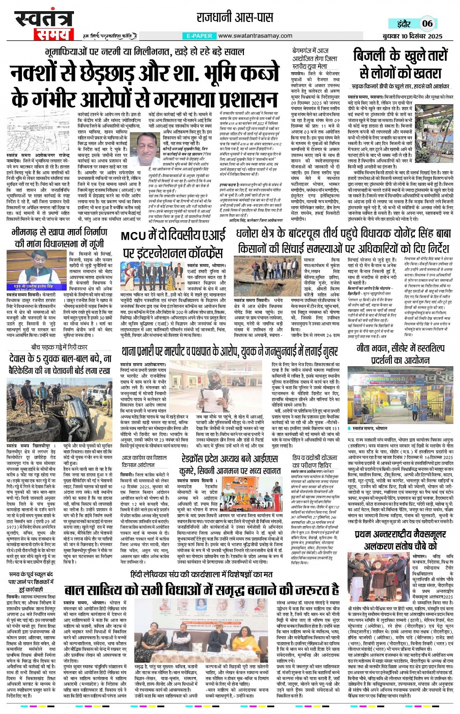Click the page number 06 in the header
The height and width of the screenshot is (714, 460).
coord(427,23)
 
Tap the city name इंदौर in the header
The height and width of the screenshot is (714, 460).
coord(404,24)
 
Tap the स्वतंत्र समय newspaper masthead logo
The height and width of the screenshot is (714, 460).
coord(44,25)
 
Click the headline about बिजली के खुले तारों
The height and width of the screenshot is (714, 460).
coord(400,64)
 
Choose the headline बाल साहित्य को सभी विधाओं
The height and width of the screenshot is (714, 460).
coord(202,589)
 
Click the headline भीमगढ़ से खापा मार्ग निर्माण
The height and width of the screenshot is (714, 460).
coord(60,238)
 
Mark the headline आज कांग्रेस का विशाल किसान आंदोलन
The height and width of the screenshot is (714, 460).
coord(144,462)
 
